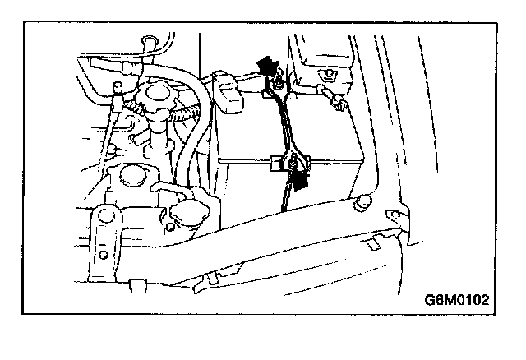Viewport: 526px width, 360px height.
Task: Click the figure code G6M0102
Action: pyautogui.click(x=458, y=299)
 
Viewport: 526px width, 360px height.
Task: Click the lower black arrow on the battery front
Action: pyautogui.click(x=302, y=178)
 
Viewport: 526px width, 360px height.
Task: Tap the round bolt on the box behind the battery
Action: pyautogui.click(x=327, y=76)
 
